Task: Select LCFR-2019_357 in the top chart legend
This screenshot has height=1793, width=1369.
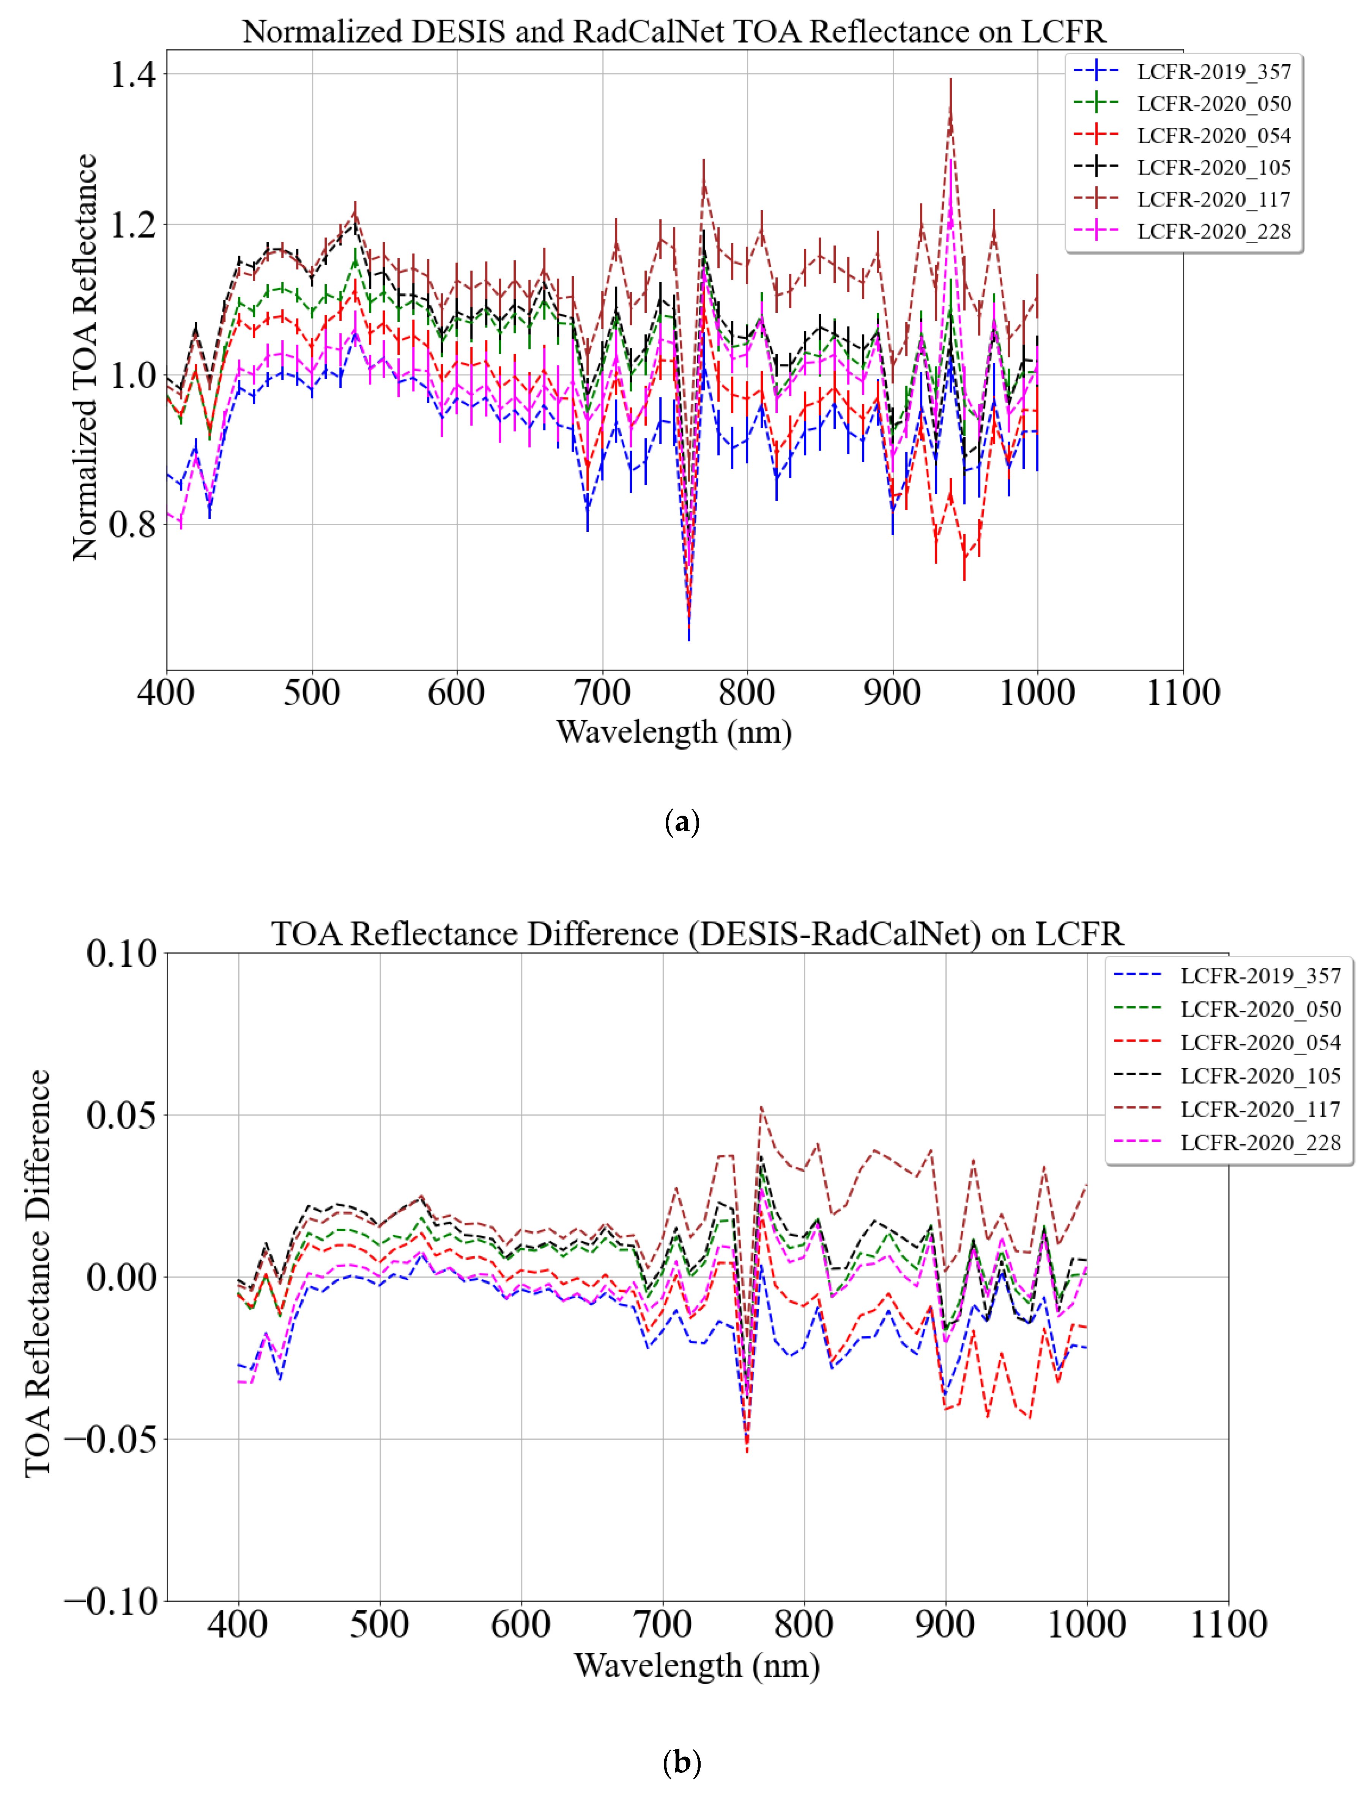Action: [x=1213, y=72]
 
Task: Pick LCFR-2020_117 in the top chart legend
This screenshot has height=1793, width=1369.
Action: [x=1213, y=200]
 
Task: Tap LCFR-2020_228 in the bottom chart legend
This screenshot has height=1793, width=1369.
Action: [x=1260, y=1142]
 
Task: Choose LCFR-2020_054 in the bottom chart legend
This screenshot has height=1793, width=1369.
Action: [x=1260, y=1042]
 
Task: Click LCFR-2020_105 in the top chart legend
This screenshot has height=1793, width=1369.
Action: [x=1213, y=168]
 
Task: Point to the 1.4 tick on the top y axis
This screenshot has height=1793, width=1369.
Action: [x=132, y=74]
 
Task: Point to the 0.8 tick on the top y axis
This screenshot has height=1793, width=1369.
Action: [x=132, y=524]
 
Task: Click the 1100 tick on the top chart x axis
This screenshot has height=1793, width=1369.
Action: [x=1182, y=693]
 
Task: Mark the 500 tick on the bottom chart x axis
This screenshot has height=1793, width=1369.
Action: [x=380, y=1624]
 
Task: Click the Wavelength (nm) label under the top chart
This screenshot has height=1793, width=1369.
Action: [x=674, y=732]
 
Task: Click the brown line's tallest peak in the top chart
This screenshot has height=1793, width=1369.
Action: [x=950, y=114]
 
